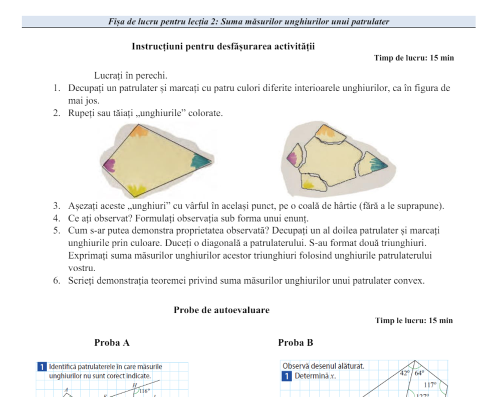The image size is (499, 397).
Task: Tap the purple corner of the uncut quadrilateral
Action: point(110,165)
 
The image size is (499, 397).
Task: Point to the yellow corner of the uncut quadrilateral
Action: point(135,189)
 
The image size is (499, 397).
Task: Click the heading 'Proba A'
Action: point(112,343)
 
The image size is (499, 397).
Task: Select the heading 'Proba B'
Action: point(296,343)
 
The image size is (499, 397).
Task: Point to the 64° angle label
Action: point(419,372)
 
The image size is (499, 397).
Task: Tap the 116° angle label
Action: point(144,390)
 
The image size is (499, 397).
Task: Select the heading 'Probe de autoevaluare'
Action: point(221,310)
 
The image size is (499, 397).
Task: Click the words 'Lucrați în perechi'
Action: point(130,76)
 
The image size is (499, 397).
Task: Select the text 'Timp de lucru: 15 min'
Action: point(414,58)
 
